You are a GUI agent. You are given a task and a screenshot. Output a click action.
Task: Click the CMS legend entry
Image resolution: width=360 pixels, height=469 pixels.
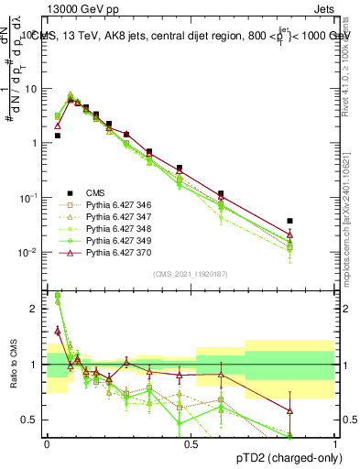[95, 192]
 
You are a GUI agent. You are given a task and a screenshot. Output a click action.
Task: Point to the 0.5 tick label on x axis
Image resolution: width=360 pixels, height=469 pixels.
[191, 443]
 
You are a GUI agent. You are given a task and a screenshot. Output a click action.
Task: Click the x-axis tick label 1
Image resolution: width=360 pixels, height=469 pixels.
[335, 443]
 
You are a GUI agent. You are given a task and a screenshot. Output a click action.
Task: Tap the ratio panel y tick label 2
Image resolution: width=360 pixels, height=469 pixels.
[35, 309]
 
